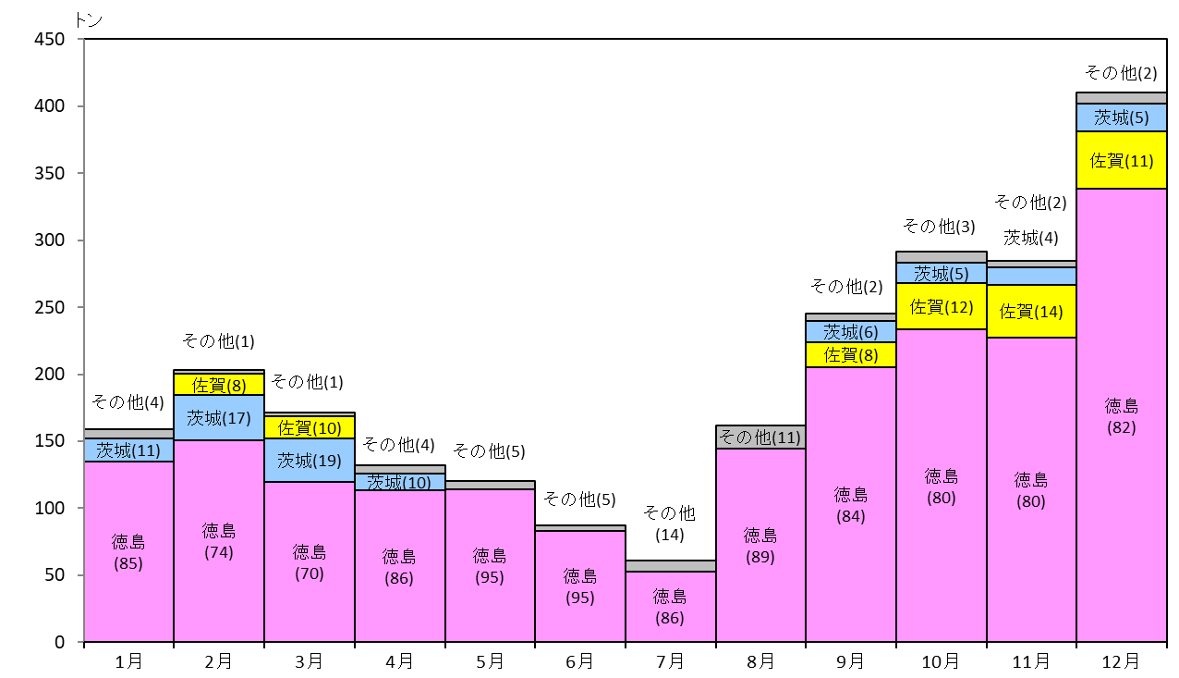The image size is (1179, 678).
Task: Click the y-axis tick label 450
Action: point(50,39)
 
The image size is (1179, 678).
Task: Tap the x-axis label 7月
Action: point(670,661)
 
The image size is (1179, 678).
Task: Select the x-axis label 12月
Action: point(1121,661)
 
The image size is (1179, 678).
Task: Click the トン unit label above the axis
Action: point(89,20)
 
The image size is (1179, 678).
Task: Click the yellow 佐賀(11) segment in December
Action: point(1122,160)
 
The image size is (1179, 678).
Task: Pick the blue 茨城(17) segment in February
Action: point(219,418)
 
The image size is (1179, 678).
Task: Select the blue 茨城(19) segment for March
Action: point(310,460)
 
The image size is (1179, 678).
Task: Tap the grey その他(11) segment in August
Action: point(760,437)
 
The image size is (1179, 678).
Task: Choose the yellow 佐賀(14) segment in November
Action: point(1031,312)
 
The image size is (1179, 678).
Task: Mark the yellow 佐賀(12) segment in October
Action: point(942,306)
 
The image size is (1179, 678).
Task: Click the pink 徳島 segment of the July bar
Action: point(671,607)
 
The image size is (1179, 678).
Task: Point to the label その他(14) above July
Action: point(670,524)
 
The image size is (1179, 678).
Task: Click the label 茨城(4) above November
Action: point(1030,238)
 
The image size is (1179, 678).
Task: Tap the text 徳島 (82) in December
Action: point(1121,416)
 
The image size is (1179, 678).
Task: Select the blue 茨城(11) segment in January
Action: point(129,450)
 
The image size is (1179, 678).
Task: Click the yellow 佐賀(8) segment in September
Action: point(851,354)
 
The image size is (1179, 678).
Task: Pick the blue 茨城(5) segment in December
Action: point(1122,117)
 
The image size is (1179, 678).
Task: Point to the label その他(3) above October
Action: point(939,227)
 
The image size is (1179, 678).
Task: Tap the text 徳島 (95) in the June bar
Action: point(580,586)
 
